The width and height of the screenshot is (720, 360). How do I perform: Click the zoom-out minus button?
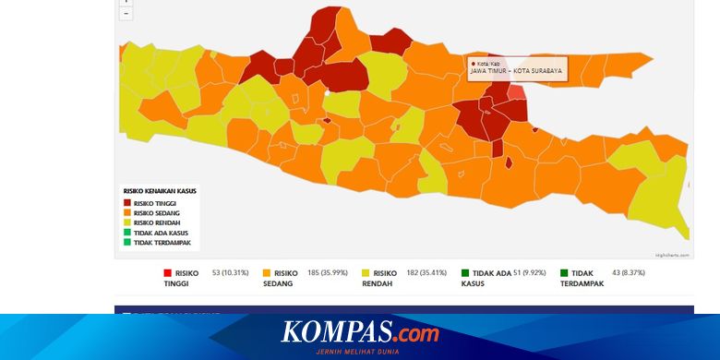[x=126, y=14]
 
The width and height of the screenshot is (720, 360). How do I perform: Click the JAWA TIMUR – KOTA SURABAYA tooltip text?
[x=516, y=70]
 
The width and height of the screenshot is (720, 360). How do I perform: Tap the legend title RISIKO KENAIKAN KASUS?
[x=159, y=191]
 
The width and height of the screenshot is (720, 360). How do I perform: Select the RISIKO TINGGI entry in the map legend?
[x=154, y=203]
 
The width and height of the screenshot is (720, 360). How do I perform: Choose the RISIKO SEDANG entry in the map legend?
[x=154, y=213]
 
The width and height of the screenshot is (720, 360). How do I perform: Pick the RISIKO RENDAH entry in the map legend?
[x=154, y=222]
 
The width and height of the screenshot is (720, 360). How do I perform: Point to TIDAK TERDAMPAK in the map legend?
[x=162, y=243]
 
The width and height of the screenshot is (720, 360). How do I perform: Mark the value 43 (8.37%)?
[x=625, y=273]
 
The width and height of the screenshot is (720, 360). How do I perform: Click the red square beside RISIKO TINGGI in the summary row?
[x=167, y=273]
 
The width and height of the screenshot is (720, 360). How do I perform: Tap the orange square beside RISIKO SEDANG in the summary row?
[x=267, y=273]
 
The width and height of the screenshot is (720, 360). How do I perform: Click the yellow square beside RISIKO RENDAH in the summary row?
[x=366, y=273]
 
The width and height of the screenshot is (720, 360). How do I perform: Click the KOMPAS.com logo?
[x=360, y=331]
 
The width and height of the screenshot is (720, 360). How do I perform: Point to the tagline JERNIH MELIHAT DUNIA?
[x=360, y=352]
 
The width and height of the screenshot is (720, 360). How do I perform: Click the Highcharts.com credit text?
[x=671, y=255]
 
